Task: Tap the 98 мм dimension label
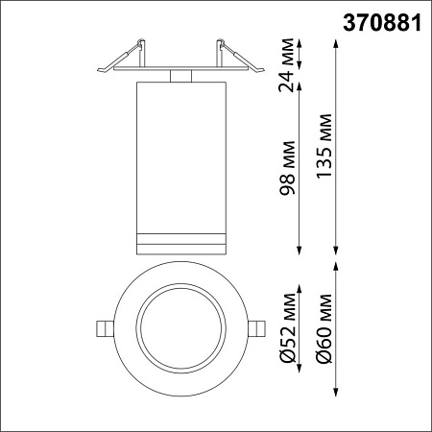pyautogui.click(x=286, y=173)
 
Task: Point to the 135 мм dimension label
pyautogui.click(x=323, y=149)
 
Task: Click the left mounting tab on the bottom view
pyautogui.click(x=103, y=327)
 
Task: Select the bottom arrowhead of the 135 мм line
pyautogui.click(x=336, y=252)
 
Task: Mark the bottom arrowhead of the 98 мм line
pyautogui.click(x=301, y=252)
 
